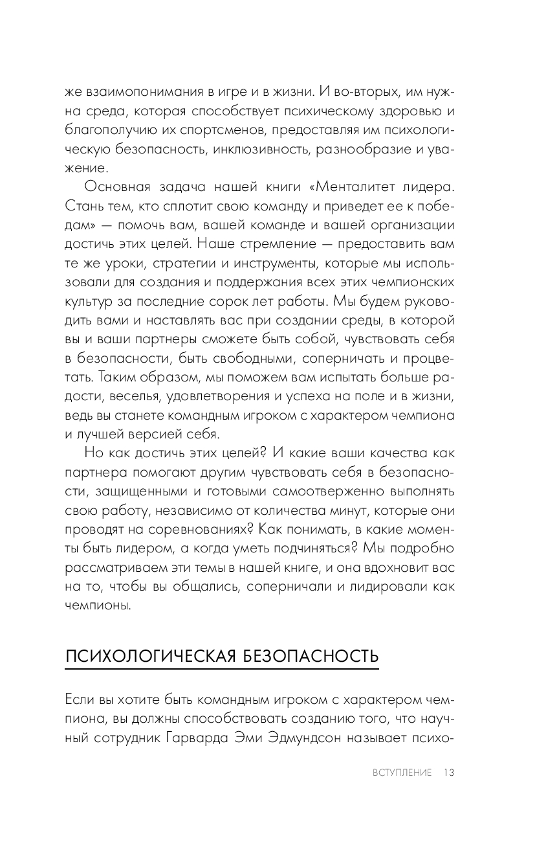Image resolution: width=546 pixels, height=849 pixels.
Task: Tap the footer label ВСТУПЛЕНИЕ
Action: [x=402, y=773]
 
